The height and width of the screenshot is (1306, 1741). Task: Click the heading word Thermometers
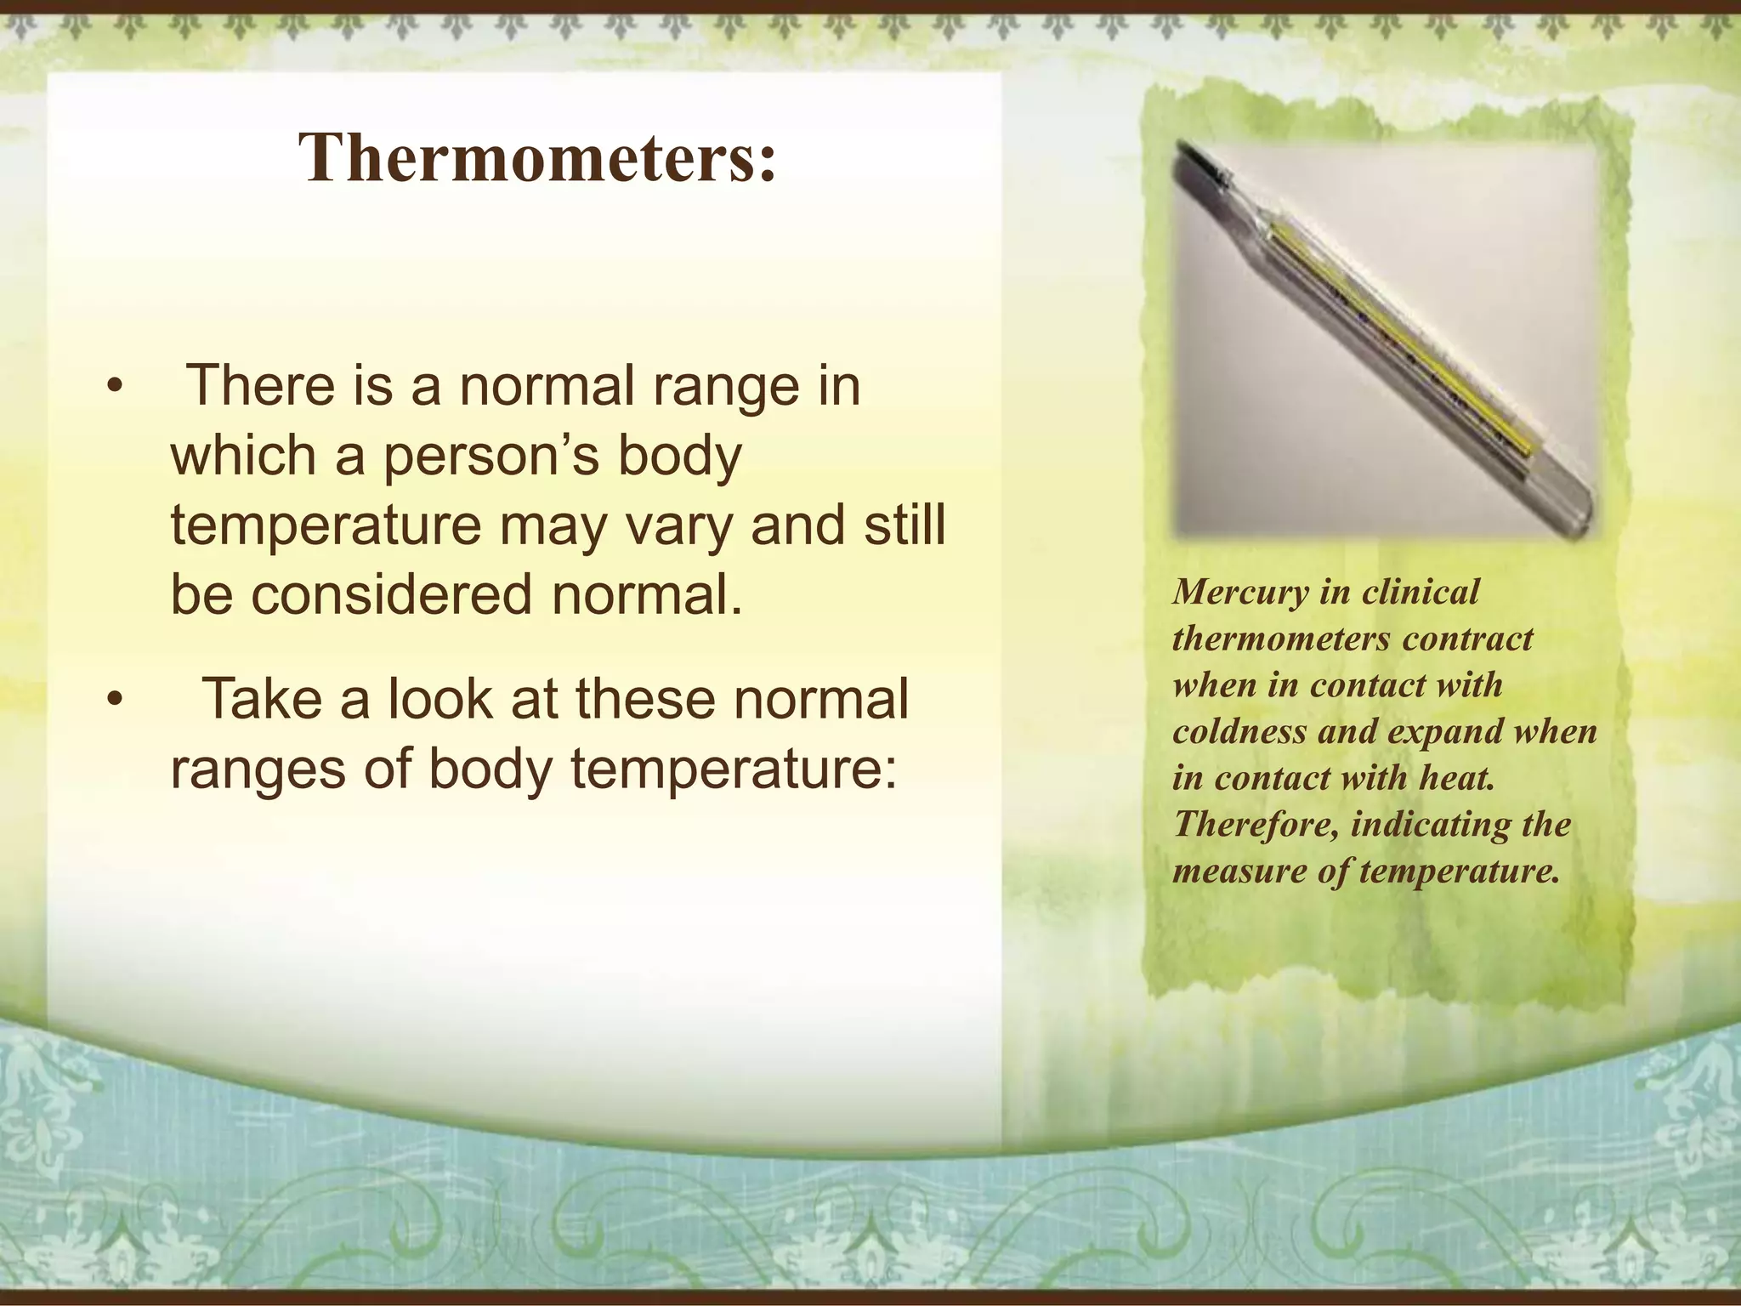[537, 159]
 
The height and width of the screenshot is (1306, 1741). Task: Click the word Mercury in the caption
[1240, 593]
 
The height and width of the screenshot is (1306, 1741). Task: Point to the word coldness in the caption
[1239, 731]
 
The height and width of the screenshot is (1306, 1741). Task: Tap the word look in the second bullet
[440, 699]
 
